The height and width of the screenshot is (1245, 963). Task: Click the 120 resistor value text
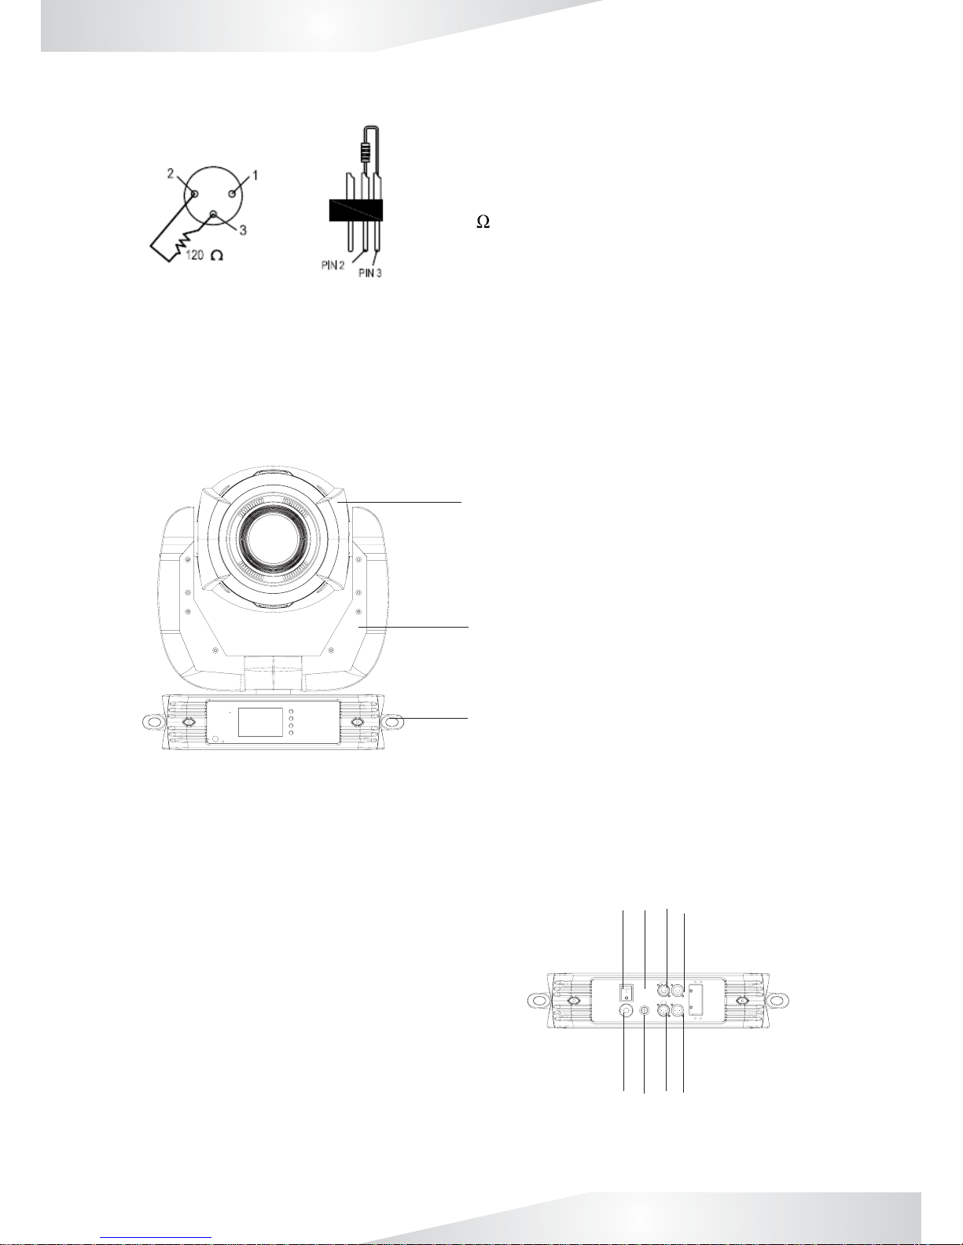point(195,255)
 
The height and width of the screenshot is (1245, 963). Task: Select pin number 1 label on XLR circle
point(255,174)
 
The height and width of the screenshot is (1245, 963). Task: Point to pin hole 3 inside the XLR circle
point(213,215)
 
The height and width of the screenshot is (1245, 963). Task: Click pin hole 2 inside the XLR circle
point(195,194)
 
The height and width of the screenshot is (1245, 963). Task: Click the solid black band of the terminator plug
point(355,211)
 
